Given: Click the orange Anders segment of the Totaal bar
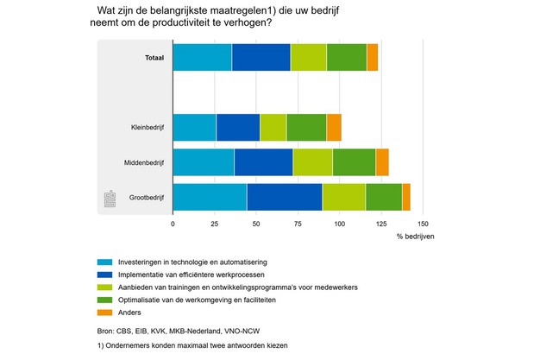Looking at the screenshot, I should click(x=373, y=57).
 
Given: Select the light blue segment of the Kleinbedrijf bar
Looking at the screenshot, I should click(x=194, y=127).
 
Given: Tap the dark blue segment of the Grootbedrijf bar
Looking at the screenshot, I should click(x=285, y=197).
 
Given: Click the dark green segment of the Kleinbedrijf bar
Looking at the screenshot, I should click(x=306, y=127).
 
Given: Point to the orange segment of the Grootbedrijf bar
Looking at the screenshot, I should click(x=406, y=197).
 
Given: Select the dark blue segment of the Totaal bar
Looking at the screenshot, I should click(x=261, y=57).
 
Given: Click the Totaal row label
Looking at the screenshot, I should click(x=154, y=58).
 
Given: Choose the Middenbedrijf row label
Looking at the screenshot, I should click(x=142, y=162).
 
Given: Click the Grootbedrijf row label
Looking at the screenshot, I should click(x=146, y=198).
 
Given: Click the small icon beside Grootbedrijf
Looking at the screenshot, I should click(x=109, y=199).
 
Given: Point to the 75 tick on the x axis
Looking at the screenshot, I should click(x=298, y=223).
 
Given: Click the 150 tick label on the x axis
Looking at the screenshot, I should click(x=423, y=223).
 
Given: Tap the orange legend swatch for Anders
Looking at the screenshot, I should click(x=104, y=312).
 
